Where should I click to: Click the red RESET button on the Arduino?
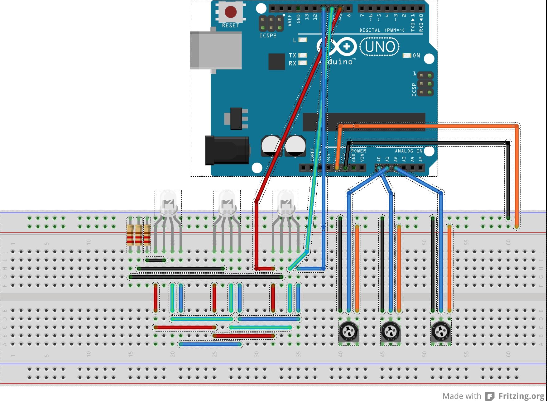tap(230, 12)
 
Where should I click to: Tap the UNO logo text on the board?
tap(380, 47)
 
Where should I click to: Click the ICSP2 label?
tap(268, 36)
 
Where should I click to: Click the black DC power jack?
tap(227, 150)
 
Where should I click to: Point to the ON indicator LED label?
tap(416, 55)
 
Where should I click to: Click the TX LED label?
tap(292, 55)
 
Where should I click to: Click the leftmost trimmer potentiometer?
tap(348, 332)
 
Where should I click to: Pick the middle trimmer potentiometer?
tap(391, 332)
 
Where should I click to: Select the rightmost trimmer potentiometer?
tap(441, 332)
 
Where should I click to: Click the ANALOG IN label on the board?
tap(408, 151)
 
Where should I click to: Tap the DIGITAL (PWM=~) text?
tap(382, 30)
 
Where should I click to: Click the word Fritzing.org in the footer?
tap(521, 396)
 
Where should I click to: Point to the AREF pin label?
tap(290, 20)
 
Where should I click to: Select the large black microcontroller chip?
tap(364, 122)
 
